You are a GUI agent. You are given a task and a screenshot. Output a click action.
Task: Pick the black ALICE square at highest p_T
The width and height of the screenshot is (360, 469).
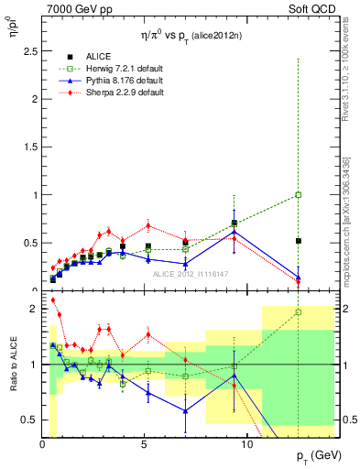coord(298,241)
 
